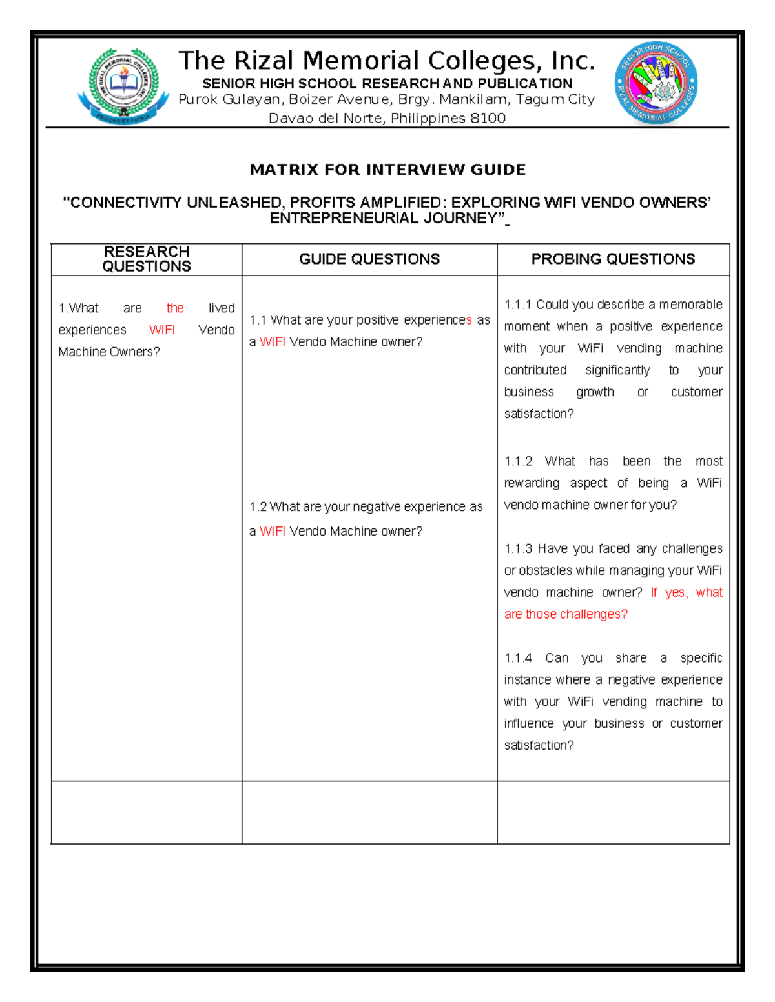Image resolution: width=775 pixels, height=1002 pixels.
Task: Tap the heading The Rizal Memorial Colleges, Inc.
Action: pyautogui.click(x=386, y=61)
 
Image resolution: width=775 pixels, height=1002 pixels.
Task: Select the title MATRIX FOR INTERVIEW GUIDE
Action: pyautogui.click(x=387, y=170)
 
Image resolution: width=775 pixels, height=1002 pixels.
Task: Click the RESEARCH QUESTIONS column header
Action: pyautogui.click(x=147, y=259)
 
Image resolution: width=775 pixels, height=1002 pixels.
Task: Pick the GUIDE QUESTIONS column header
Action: pyautogui.click(x=369, y=259)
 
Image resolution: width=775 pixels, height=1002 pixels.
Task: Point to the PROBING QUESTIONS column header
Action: pyautogui.click(x=613, y=259)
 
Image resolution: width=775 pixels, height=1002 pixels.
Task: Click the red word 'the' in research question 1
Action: pyautogui.click(x=175, y=308)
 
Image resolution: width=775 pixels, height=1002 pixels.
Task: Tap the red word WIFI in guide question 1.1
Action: pyautogui.click(x=272, y=342)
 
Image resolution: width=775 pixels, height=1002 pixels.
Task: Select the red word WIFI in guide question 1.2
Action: pyautogui.click(x=272, y=531)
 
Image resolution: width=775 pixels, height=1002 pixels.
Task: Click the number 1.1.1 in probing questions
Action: pyautogui.click(x=518, y=305)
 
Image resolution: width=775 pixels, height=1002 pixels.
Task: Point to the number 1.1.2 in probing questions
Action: pyautogui.click(x=518, y=461)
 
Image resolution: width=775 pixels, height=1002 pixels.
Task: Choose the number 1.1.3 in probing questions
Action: pyautogui.click(x=518, y=549)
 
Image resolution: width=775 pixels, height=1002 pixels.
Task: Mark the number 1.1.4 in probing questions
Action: pyautogui.click(x=518, y=658)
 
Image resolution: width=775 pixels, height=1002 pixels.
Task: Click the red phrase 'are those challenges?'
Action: pyautogui.click(x=566, y=614)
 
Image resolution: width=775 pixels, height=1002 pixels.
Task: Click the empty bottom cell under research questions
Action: pyautogui.click(x=147, y=812)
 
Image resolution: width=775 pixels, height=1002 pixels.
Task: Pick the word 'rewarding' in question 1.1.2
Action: pyautogui.click(x=532, y=483)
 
